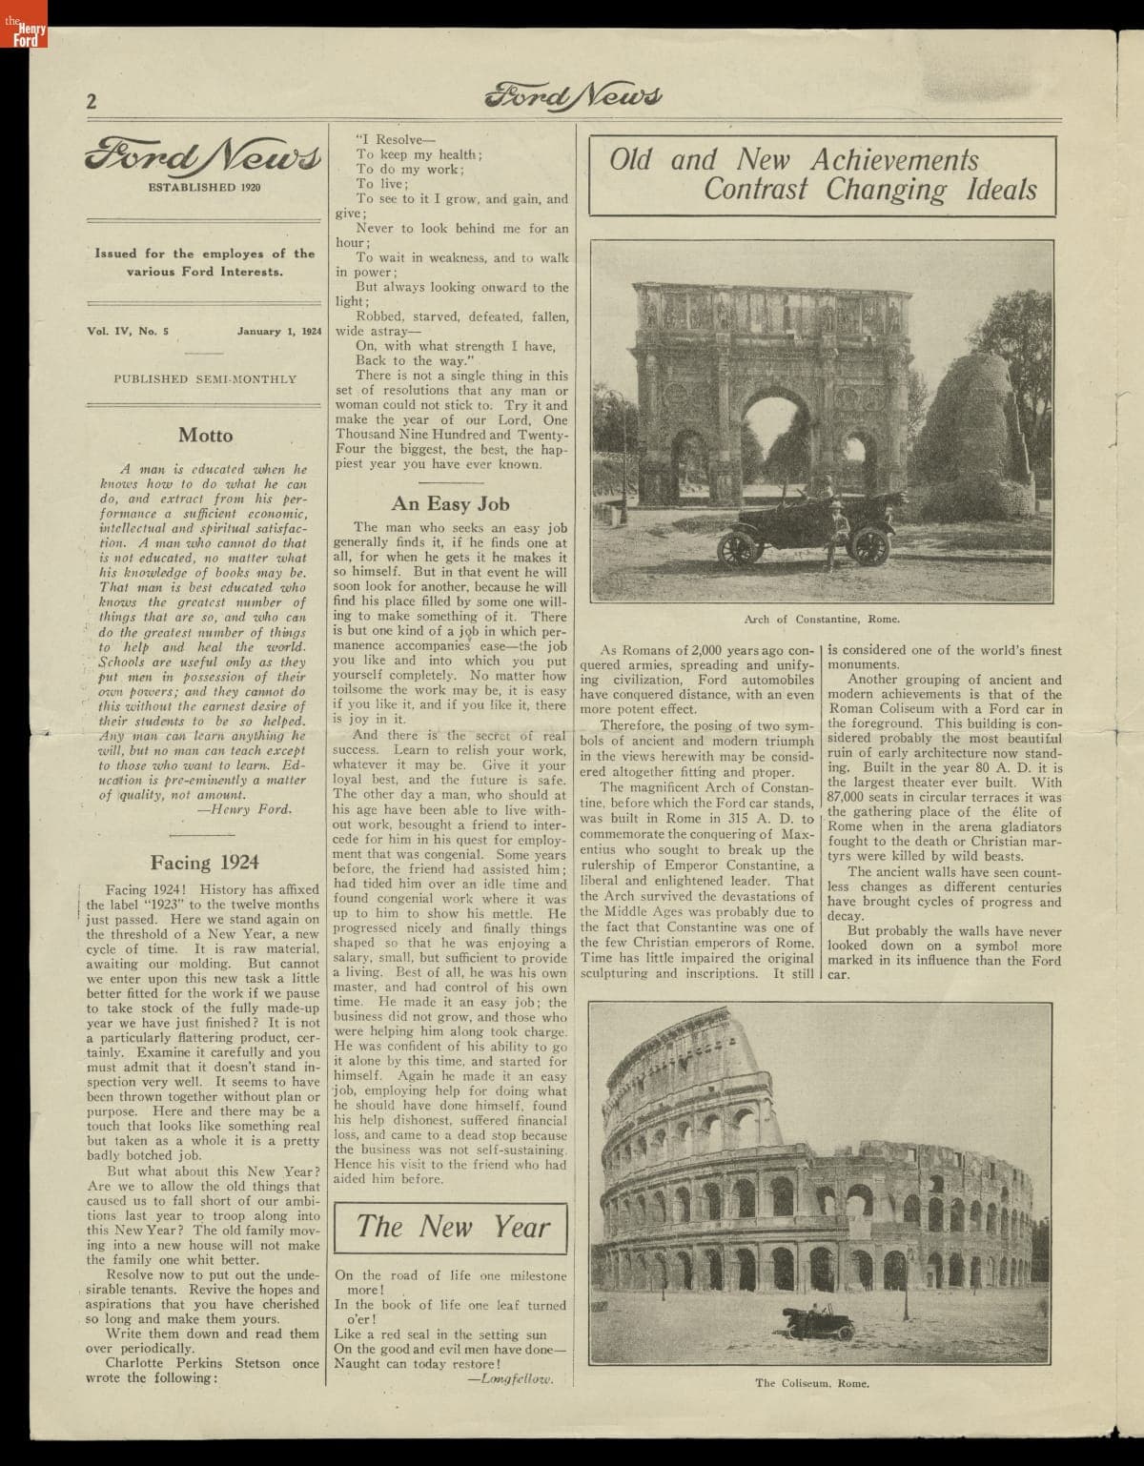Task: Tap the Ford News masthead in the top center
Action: [x=573, y=95]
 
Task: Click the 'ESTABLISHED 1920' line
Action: [x=205, y=187]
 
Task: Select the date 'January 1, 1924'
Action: [x=280, y=332]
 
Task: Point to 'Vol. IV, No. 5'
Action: [x=125, y=332]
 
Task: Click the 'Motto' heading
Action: [x=205, y=436]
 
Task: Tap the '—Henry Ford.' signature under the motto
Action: [x=244, y=809]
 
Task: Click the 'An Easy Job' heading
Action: [x=451, y=504]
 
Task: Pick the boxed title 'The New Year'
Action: [x=452, y=1227]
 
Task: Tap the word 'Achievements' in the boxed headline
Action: [x=894, y=160]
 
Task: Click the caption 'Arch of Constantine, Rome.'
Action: [x=821, y=619]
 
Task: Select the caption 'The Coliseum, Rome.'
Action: [x=812, y=1383]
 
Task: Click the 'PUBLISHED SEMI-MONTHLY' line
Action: [x=205, y=379]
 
